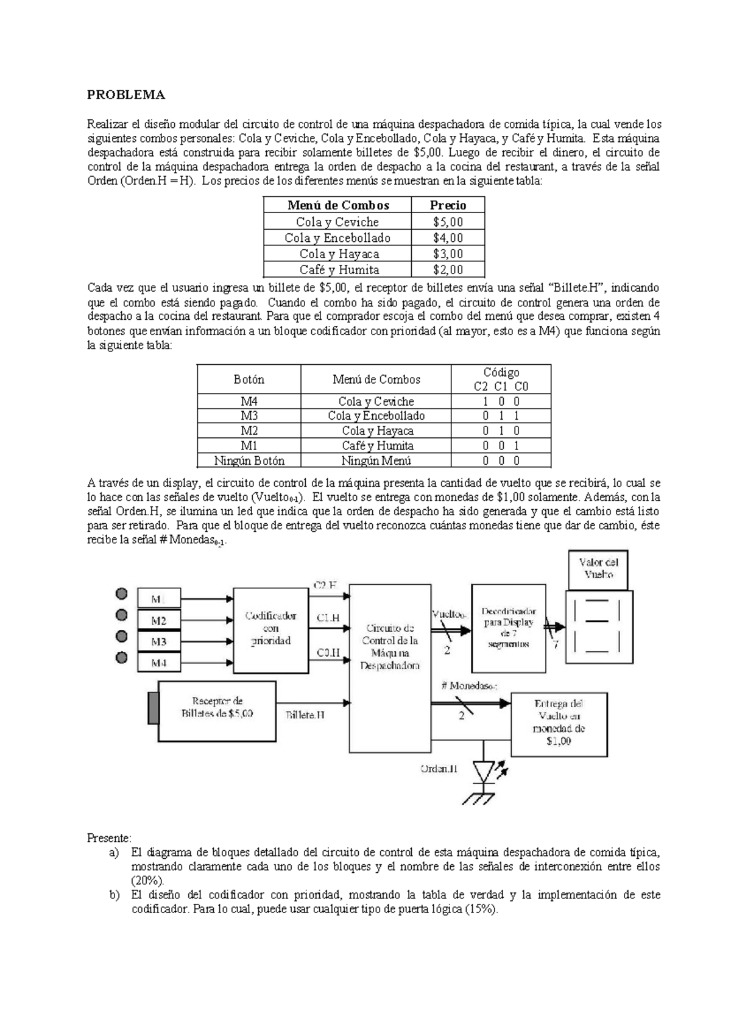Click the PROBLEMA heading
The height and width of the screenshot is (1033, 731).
tap(126, 94)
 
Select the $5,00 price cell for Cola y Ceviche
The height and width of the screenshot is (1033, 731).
tap(448, 222)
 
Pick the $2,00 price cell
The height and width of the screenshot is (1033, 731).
tap(448, 269)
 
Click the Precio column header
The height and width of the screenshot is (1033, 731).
tap(448, 205)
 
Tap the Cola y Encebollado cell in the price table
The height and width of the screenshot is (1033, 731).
tap(337, 238)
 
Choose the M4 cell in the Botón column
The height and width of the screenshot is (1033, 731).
tap(249, 401)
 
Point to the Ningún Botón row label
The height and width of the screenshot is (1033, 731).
tap(249, 460)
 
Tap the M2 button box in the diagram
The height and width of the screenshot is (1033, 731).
tap(158, 621)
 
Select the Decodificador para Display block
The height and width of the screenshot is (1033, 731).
tap(508, 627)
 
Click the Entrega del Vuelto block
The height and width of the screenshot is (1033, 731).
tap(559, 723)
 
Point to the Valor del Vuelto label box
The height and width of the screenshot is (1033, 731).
tap(598, 569)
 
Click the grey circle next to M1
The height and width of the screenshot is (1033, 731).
tap(122, 594)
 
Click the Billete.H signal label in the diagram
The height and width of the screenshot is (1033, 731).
tap(305, 715)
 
